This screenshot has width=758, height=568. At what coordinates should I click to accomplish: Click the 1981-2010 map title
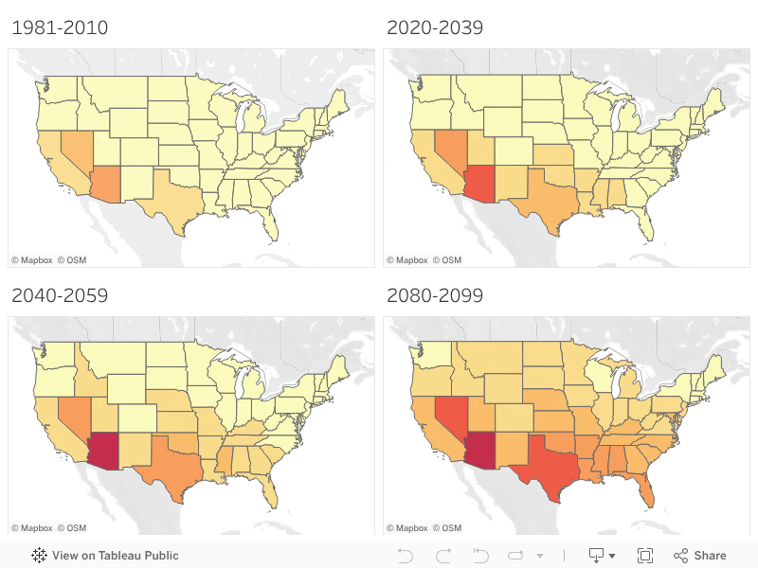(x=60, y=27)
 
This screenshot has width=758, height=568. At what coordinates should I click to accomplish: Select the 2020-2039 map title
(x=435, y=27)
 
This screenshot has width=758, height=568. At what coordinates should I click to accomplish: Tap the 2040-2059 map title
(x=60, y=295)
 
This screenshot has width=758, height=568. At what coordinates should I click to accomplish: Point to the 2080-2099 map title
(x=435, y=295)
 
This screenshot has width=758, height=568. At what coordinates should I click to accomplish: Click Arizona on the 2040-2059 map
(x=105, y=453)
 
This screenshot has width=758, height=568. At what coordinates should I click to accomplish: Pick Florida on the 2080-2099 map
(x=644, y=490)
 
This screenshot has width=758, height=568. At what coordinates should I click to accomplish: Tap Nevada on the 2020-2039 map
(x=450, y=150)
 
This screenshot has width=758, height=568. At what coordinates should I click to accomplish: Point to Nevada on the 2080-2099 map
(x=450, y=417)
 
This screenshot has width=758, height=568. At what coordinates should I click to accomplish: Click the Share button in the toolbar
(x=700, y=556)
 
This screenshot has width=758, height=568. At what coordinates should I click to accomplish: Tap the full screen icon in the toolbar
(x=645, y=556)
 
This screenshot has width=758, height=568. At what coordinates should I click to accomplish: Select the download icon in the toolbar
(x=598, y=556)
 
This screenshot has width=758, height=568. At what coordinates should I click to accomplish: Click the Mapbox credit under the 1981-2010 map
(x=32, y=259)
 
